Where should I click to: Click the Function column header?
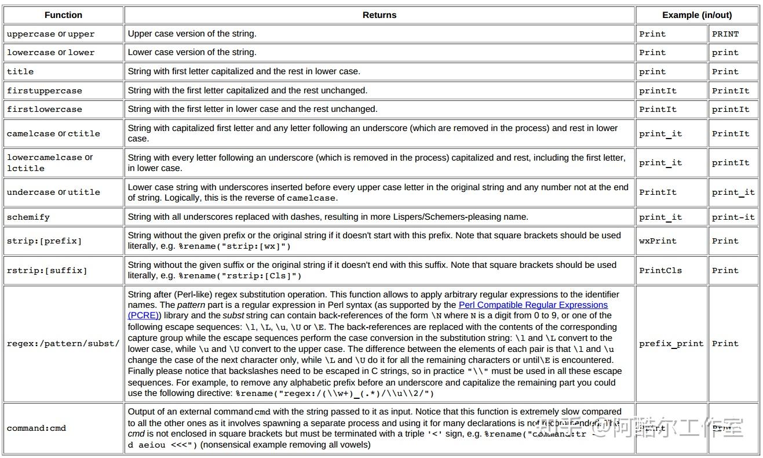(63, 15)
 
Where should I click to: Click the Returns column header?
(379, 15)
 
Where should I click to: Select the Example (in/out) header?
(697, 15)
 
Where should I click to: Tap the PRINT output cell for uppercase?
(725, 34)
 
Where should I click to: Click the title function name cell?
(20, 72)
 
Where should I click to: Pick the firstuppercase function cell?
(45, 91)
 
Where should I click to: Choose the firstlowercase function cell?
(45, 110)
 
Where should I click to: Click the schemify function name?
(28, 217)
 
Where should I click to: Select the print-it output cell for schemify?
(733, 217)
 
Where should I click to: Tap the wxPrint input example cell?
(658, 241)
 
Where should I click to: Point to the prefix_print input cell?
(671, 344)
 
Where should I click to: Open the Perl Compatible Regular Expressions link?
(533, 305)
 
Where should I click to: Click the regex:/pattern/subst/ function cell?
(63, 344)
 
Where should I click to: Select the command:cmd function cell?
(36, 428)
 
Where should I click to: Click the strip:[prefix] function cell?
(45, 241)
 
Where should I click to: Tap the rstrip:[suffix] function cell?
(47, 271)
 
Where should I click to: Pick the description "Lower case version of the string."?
(192, 52)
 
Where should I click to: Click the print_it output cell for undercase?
(733, 192)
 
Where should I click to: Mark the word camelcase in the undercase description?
(311, 198)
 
